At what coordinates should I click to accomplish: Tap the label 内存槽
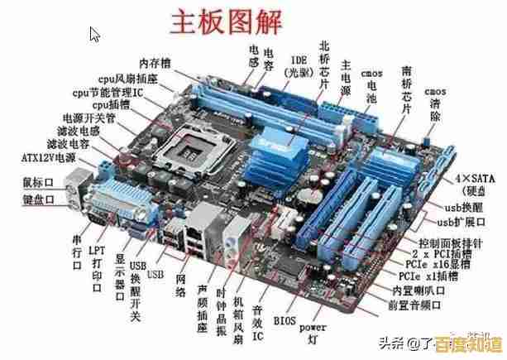click(155, 62)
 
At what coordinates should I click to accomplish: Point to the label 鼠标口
click(37, 181)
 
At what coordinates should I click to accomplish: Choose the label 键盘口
click(37, 199)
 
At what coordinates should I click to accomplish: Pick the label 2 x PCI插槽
click(439, 252)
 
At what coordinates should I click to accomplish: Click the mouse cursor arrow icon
click(95, 35)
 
